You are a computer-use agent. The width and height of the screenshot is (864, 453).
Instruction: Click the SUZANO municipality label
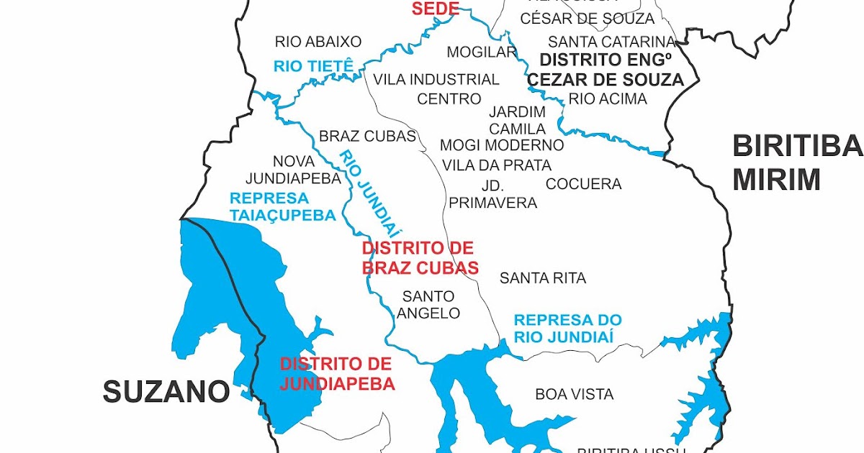[166, 392]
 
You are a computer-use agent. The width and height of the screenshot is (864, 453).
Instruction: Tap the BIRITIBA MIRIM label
[796, 163]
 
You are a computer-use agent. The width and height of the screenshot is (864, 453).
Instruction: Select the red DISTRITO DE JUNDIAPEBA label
[337, 374]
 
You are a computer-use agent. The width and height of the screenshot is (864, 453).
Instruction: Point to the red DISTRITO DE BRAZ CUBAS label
[420, 258]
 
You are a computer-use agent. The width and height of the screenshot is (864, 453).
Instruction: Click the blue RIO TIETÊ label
[313, 67]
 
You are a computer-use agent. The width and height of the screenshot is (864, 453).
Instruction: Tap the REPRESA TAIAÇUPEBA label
[282, 206]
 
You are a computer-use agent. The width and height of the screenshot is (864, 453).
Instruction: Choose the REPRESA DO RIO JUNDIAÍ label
[567, 328]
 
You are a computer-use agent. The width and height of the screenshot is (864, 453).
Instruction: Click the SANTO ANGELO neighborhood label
[428, 304]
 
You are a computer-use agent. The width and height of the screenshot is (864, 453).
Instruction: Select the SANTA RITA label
[543, 278]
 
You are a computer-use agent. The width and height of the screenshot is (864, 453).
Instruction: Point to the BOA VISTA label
[574, 394]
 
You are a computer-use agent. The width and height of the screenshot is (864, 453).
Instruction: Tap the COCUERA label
[583, 184]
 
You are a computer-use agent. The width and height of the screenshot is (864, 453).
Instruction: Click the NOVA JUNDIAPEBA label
[293, 170]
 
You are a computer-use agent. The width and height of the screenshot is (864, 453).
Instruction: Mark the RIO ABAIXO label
[318, 42]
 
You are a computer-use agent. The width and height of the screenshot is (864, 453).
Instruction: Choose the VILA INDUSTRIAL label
[436, 79]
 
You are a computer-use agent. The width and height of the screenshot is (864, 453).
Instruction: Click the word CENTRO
[449, 99]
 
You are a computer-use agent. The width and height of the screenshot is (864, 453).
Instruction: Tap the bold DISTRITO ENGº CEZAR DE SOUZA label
[606, 70]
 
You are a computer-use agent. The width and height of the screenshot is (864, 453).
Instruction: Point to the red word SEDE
[435, 9]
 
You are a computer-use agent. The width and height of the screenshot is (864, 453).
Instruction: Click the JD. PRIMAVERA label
[493, 193]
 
